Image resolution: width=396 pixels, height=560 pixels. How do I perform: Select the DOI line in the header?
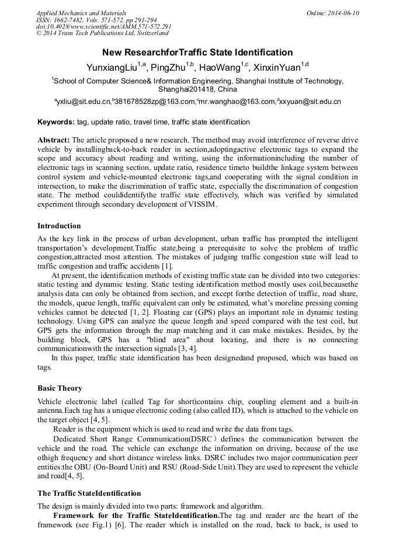coord(103,27)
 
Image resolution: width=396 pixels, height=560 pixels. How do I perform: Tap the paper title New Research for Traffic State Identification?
coord(197,53)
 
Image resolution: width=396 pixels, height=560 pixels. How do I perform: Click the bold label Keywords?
coord(55,123)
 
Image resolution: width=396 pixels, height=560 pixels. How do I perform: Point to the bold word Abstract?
coord(54,141)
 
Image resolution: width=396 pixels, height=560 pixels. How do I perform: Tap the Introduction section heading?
coord(59,226)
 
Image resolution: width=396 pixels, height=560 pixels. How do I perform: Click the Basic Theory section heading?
coord(60,388)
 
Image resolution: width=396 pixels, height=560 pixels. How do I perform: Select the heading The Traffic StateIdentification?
coord(89,493)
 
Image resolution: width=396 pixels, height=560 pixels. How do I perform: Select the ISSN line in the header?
coord(96,20)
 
